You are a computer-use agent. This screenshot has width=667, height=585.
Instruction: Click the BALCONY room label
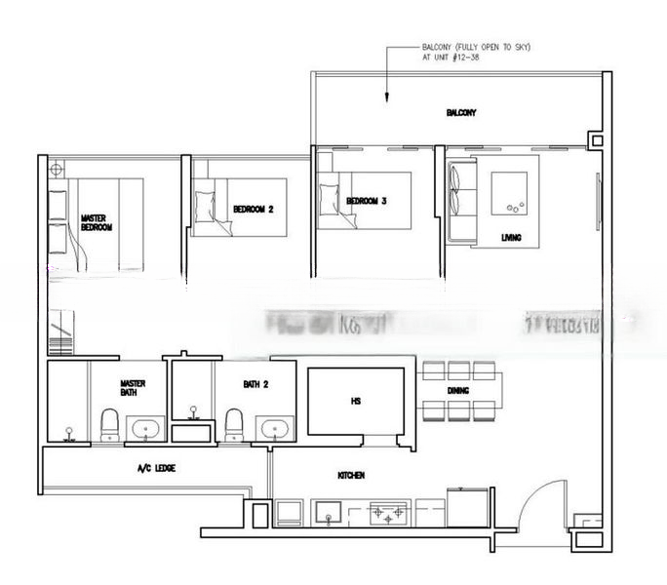click(x=461, y=113)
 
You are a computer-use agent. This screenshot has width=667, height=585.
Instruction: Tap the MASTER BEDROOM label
click(x=97, y=222)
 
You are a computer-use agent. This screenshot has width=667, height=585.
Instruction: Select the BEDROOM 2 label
click(x=254, y=209)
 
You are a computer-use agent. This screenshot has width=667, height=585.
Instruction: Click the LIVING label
click(x=510, y=237)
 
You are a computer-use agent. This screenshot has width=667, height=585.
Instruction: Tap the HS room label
click(x=356, y=400)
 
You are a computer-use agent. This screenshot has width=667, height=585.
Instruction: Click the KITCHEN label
click(x=351, y=475)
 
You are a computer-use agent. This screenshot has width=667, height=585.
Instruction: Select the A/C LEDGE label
click(x=156, y=468)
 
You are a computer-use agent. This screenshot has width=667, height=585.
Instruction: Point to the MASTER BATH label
click(x=134, y=388)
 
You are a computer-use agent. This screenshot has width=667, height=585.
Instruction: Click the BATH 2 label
click(x=255, y=384)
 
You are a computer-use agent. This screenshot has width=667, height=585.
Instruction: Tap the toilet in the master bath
click(x=110, y=425)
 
